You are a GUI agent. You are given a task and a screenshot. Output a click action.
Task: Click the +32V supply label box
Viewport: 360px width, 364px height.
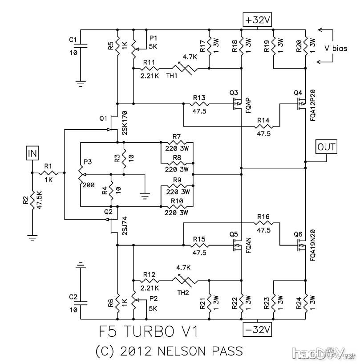258,20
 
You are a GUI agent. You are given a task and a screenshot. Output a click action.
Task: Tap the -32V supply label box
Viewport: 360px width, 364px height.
258,330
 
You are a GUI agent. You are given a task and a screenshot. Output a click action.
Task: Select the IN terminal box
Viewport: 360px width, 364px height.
32,154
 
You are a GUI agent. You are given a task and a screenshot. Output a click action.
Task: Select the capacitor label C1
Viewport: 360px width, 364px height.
73,40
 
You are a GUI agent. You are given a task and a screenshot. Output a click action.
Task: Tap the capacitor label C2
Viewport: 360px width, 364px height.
73,296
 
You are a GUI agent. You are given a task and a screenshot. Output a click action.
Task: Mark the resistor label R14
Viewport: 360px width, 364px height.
263,120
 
